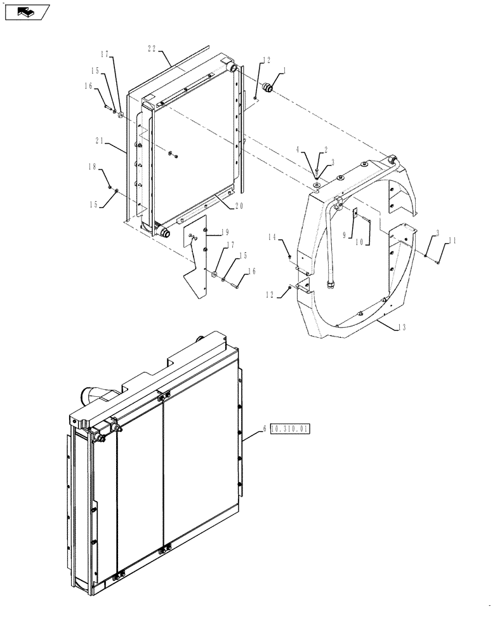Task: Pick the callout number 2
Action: pos(326,150)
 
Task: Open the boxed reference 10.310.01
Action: pos(289,429)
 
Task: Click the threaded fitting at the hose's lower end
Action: pos(331,283)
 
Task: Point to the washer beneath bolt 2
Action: pos(315,185)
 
